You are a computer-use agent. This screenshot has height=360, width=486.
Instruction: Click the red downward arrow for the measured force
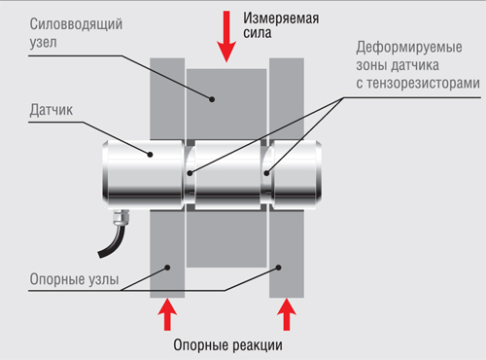[x=226, y=37]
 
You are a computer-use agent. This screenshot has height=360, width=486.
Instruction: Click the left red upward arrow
[x=168, y=315]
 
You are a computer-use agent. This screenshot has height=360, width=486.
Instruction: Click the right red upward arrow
[x=287, y=315]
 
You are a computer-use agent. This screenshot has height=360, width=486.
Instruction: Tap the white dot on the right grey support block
[x=283, y=264]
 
